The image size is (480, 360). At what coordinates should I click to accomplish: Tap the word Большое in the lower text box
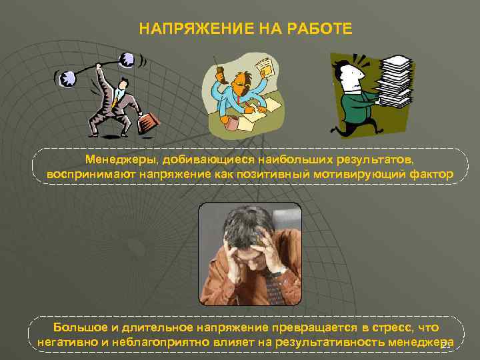coord(79,327)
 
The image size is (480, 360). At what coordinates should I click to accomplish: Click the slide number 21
coord(446,345)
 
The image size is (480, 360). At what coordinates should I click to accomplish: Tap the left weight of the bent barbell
coord(68,79)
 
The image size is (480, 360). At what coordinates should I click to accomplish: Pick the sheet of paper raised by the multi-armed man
coord(264,66)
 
